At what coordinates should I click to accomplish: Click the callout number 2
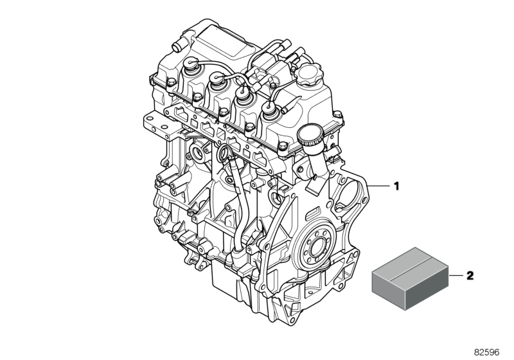pyautogui.click(x=470, y=276)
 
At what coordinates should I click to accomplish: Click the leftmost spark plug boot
pyautogui.click(x=192, y=66)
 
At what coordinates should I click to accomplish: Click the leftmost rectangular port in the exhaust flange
pyautogui.click(x=179, y=116)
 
